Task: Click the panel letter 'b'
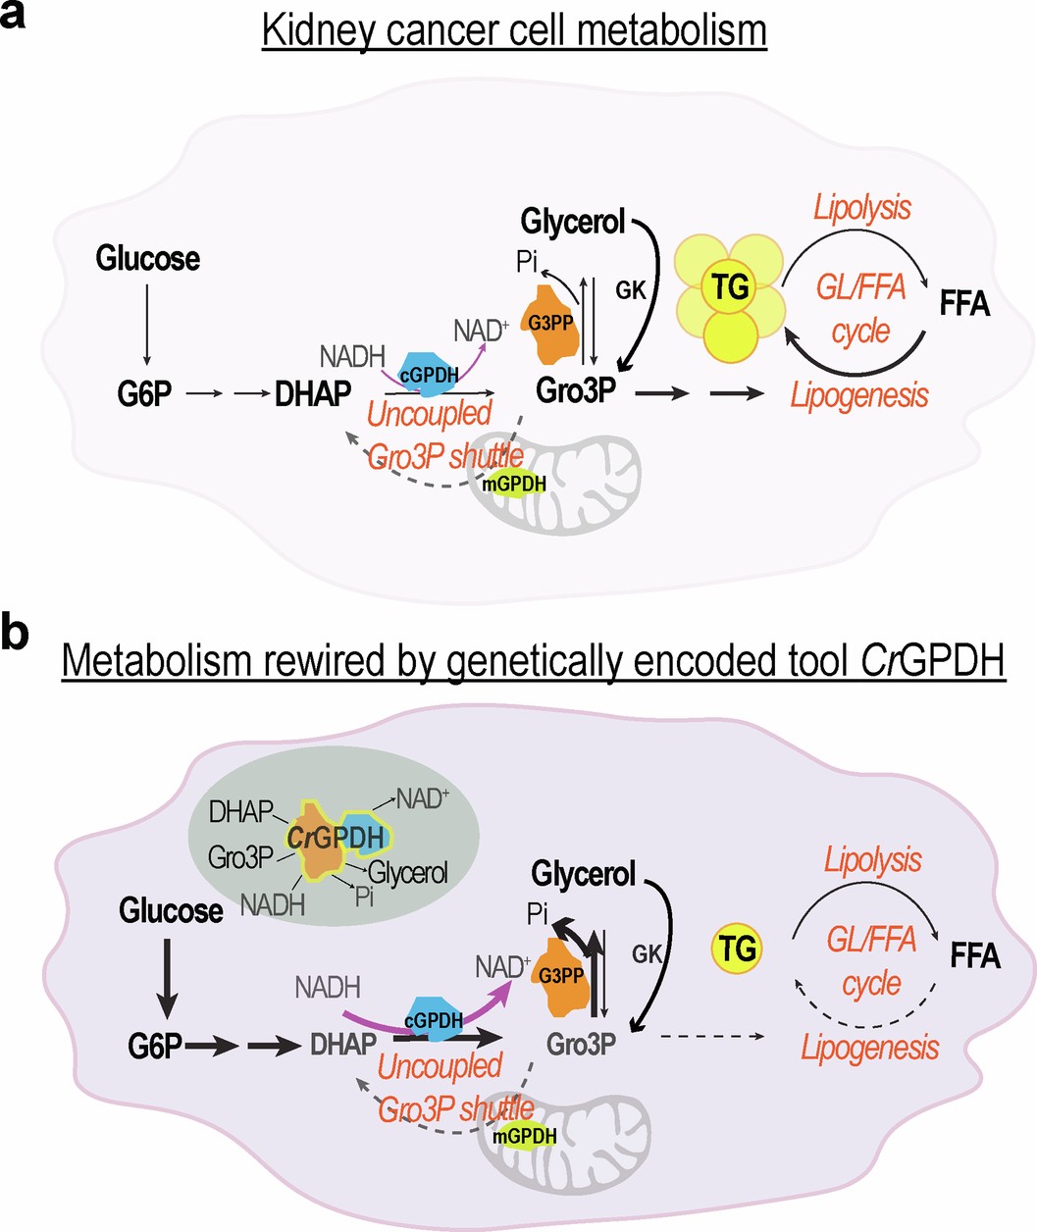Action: coord(15,636)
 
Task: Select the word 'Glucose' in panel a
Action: coord(147,259)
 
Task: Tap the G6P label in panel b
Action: coord(155,1047)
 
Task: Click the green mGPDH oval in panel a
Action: coord(519,484)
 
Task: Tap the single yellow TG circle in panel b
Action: coord(737,950)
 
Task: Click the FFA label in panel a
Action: coord(964,305)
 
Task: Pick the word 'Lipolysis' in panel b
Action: coord(872,861)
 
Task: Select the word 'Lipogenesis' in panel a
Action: coord(859,395)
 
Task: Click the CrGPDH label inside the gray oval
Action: coord(335,837)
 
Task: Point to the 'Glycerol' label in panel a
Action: coord(573,223)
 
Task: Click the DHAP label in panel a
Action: coord(313,393)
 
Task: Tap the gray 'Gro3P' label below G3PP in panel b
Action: coord(581,1044)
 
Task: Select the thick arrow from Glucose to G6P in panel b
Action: coord(167,976)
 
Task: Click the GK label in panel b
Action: coord(647,953)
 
